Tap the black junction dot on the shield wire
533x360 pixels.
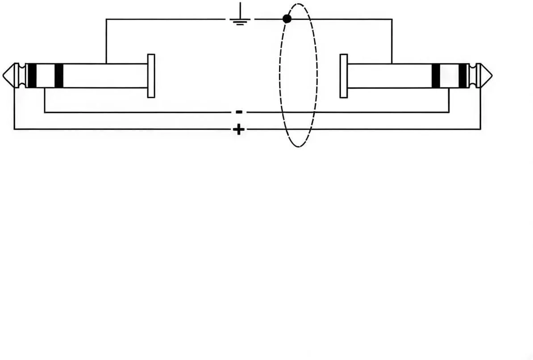click(287, 19)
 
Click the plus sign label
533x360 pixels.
click(239, 129)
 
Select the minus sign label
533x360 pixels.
click(239, 112)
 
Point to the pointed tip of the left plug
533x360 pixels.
click(3, 75)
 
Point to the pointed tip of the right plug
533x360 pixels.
click(492, 75)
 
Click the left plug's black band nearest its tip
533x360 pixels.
click(32, 75)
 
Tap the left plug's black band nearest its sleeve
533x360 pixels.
click(59, 75)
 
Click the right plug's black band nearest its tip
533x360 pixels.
click(463, 75)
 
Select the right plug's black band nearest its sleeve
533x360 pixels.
click(436, 75)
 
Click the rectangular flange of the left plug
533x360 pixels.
click(151, 76)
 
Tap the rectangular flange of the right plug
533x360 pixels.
click(344, 76)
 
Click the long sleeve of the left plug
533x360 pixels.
click(105, 75)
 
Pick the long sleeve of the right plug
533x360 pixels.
click(389, 75)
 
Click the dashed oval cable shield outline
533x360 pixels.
click(280, 75)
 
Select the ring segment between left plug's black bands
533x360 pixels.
click(45, 75)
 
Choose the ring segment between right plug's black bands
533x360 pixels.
click(450, 75)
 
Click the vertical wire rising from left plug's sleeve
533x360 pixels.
click(106, 41)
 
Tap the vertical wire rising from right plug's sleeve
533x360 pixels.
click(392, 41)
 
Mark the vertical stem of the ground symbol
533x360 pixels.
click(240, 11)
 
